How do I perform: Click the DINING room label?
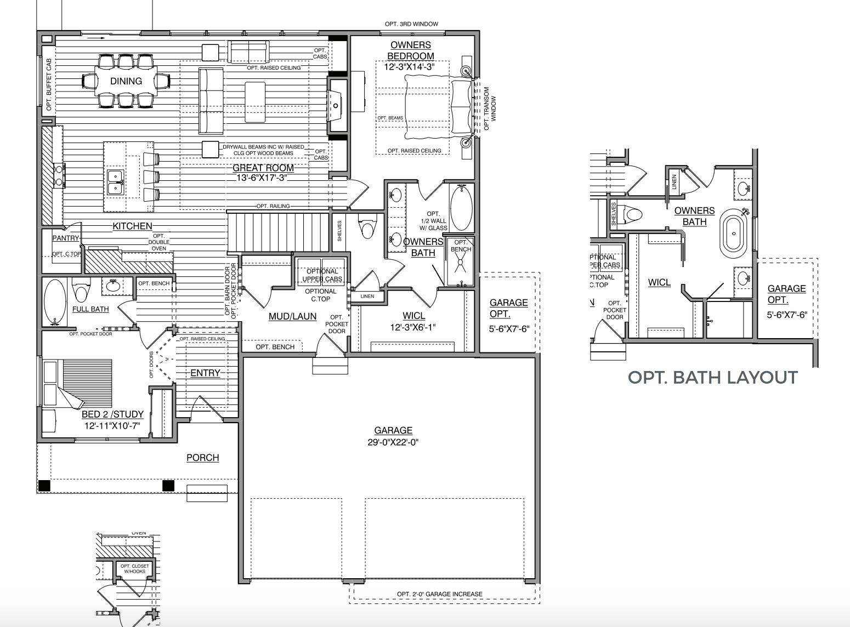click(126, 81)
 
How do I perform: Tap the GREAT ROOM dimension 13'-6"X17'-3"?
click(263, 178)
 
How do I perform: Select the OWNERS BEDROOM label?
click(411, 50)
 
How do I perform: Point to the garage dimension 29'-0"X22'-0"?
click(393, 442)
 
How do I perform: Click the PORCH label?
click(202, 458)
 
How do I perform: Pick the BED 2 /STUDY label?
click(112, 414)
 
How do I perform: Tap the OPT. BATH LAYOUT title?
click(712, 378)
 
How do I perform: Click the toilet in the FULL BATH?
click(81, 290)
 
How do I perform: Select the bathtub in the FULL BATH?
click(54, 301)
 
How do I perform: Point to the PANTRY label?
click(66, 238)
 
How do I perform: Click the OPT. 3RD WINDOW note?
click(411, 24)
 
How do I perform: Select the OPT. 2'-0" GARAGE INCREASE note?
click(440, 594)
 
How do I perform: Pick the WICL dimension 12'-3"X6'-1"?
click(413, 328)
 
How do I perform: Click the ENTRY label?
click(205, 373)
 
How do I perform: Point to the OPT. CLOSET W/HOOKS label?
click(134, 569)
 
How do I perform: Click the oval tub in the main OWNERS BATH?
click(461, 208)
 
